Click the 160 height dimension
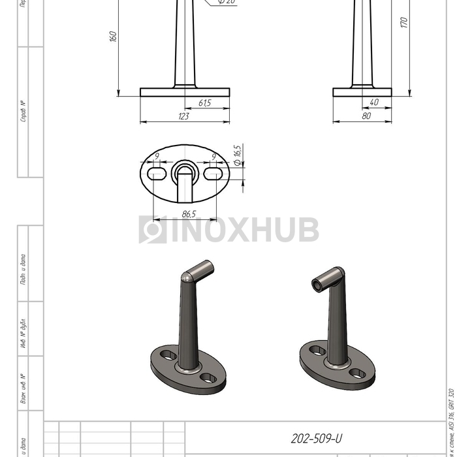112,37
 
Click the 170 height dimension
403,23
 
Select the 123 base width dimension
183,116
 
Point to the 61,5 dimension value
204,103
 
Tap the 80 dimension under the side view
366,116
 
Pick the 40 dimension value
374,102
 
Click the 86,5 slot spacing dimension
189,213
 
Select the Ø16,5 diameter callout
237,155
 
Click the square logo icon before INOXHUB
152,230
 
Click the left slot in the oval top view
157,173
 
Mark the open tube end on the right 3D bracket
318,285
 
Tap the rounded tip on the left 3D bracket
187,277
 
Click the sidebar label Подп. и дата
24,270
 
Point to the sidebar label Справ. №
24,112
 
